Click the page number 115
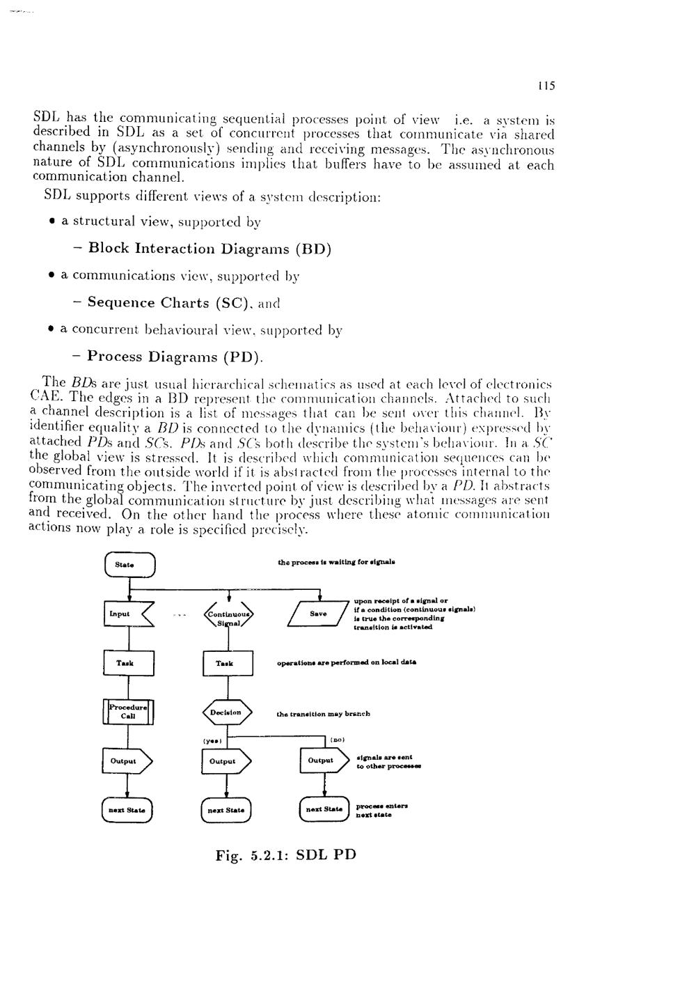(x=546, y=86)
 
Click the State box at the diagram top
(x=129, y=564)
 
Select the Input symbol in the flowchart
(x=127, y=614)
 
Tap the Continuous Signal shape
(x=228, y=615)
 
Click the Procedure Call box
(x=128, y=712)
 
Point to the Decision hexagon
(x=227, y=712)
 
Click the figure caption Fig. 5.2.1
(x=286, y=855)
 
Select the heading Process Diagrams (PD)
(x=175, y=357)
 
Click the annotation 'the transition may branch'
(x=323, y=714)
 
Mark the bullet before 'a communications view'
(x=53, y=276)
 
